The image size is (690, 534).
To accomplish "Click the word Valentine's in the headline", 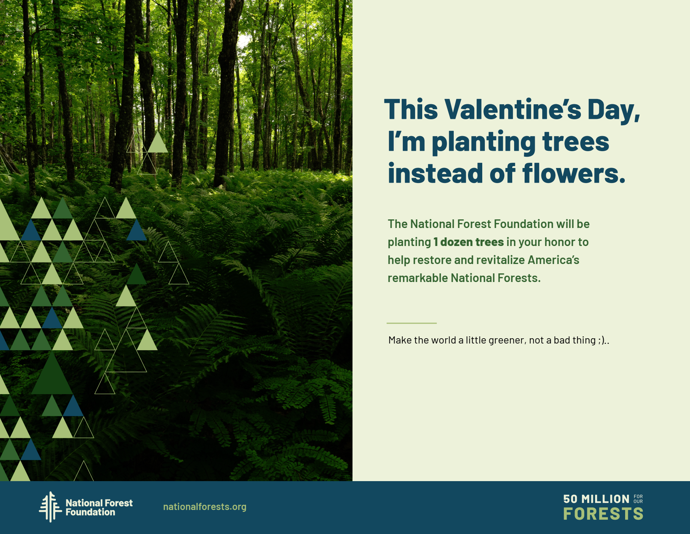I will [513, 109].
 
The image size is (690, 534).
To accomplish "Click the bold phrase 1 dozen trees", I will [468, 242].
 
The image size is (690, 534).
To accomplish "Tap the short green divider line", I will [411, 323].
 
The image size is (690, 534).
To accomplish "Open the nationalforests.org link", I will [205, 507].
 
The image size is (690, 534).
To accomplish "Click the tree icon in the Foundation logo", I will [50, 507].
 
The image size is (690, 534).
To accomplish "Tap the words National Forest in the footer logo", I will [99, 503].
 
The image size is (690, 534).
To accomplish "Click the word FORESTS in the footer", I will [603, 514].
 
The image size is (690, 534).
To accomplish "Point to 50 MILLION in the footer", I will [596, 499].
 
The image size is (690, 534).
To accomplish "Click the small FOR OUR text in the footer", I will [638, 499].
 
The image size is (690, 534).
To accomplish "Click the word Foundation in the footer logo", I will [90, 512].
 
